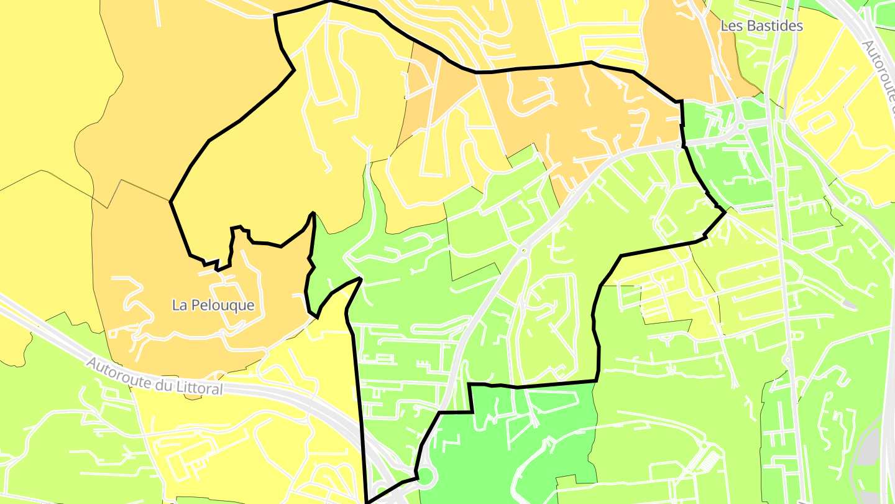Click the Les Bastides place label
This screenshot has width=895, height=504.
click(x=761, y=26)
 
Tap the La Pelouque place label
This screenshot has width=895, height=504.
click(x=213, y=305)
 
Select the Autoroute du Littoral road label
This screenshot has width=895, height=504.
click(x=154, y=375)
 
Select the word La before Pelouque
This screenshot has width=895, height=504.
click(x=179, y=305)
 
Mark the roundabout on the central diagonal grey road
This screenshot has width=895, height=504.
click(x=523, y=251)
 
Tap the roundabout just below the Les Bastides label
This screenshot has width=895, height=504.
click(x=740, y=126)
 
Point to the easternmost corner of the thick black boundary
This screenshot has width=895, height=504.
click(x=725, y=212)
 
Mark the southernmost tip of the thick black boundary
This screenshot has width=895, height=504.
click(x=367, y=502)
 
